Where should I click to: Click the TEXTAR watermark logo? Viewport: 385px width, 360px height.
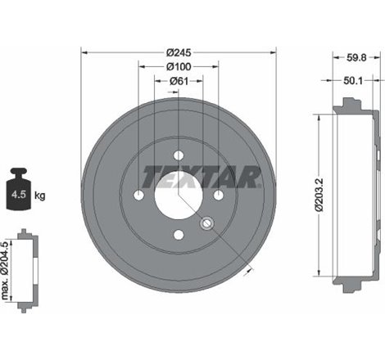[x=202, y=175]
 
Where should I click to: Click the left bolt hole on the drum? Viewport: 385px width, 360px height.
[x=138, y=196]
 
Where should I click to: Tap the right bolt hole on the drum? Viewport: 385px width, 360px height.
[x=219, y=196]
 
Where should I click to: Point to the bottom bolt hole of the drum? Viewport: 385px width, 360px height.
[x=179, y=236]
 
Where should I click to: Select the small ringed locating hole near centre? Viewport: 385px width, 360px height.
[x=206, y=223]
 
